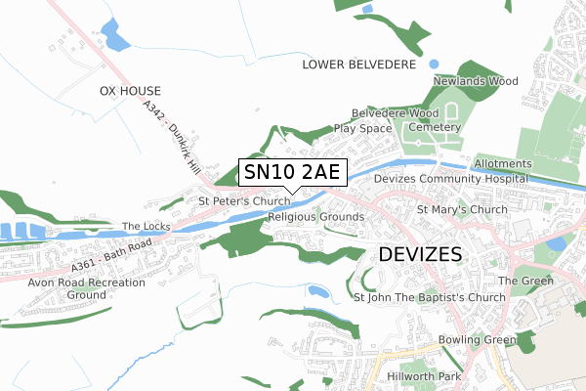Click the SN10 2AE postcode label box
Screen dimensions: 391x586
tap(290, 173)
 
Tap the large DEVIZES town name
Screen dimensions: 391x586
tap(420, 254)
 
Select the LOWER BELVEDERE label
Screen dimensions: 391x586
tap(360, 65)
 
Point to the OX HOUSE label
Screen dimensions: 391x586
tap(129, 91)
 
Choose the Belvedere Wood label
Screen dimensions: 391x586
tap(393, 113)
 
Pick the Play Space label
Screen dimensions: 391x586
tap(362, 128)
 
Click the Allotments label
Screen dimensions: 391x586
tap(503, 163)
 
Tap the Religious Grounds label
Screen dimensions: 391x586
tap(315, 216)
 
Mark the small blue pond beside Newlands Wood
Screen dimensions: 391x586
tap(434, 64)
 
